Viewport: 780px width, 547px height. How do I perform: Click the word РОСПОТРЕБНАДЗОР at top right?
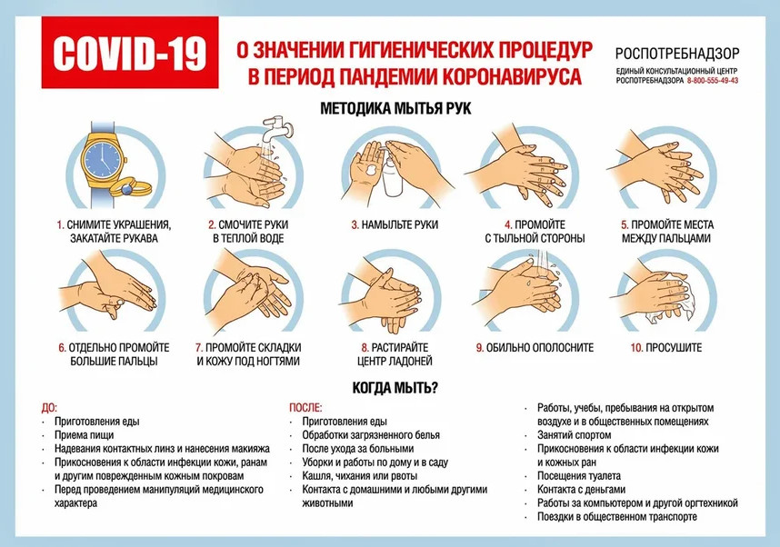(676, 52)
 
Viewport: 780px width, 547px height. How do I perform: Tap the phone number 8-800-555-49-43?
(713, 81)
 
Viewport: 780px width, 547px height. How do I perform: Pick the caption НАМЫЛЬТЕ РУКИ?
(399, 224)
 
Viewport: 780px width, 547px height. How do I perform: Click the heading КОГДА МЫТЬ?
(395, 388)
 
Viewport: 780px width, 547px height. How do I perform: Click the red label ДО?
(49, 408)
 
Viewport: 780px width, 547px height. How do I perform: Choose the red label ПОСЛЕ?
(305, 408)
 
